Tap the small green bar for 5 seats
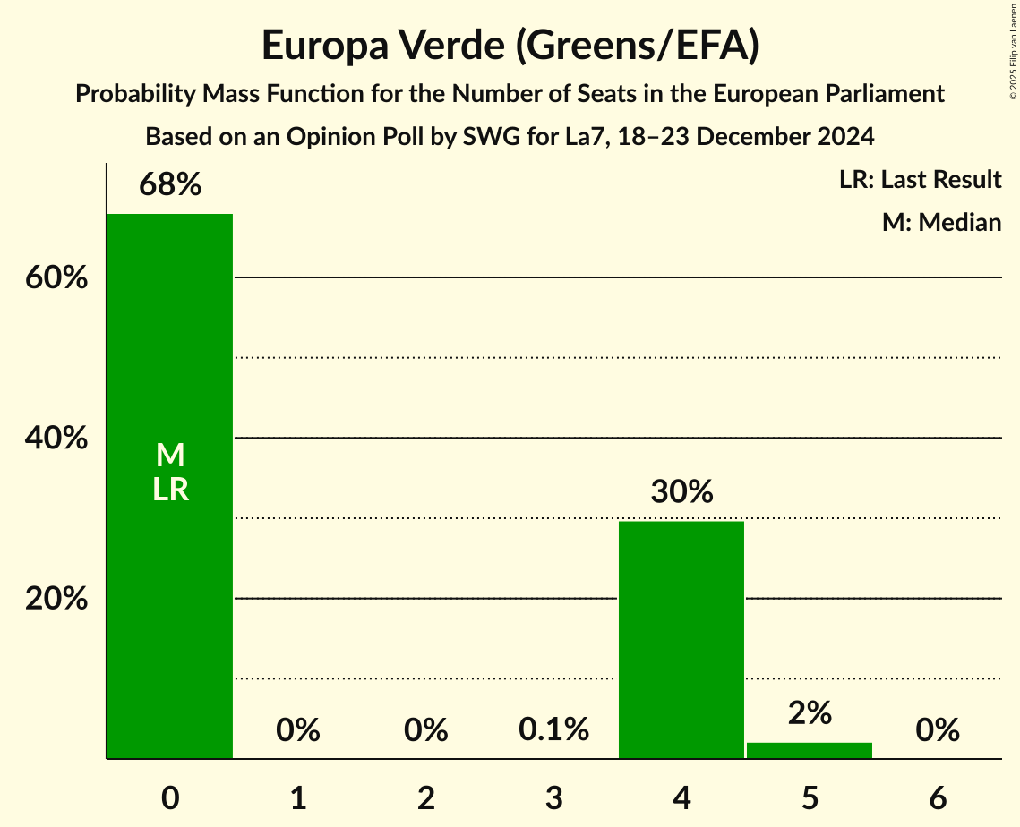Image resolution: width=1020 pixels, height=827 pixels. tap(810, 751)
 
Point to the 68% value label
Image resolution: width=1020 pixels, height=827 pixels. tap(170, 185)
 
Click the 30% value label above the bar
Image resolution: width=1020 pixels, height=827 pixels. tap(681, 492)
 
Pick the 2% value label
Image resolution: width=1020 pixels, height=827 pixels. tap(810, 713)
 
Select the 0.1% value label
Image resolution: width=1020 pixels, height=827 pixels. tap(553, 730)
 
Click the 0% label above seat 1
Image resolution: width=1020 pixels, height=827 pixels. tap(298, 730)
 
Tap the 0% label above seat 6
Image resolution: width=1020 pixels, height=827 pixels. tap(938, 730)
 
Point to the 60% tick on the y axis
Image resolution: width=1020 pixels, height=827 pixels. tap(56, 278)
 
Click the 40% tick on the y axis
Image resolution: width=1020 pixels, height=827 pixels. tap(56, 439)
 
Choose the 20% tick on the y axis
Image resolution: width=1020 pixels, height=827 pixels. tap(56, 599)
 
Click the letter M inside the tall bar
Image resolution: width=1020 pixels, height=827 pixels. tap(170, 456)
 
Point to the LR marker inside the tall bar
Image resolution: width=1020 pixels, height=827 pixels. tap(170, 490)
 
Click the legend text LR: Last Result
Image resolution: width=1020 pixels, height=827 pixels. tap(920, 180)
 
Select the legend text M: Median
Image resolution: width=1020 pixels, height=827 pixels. tap(941, 222)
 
